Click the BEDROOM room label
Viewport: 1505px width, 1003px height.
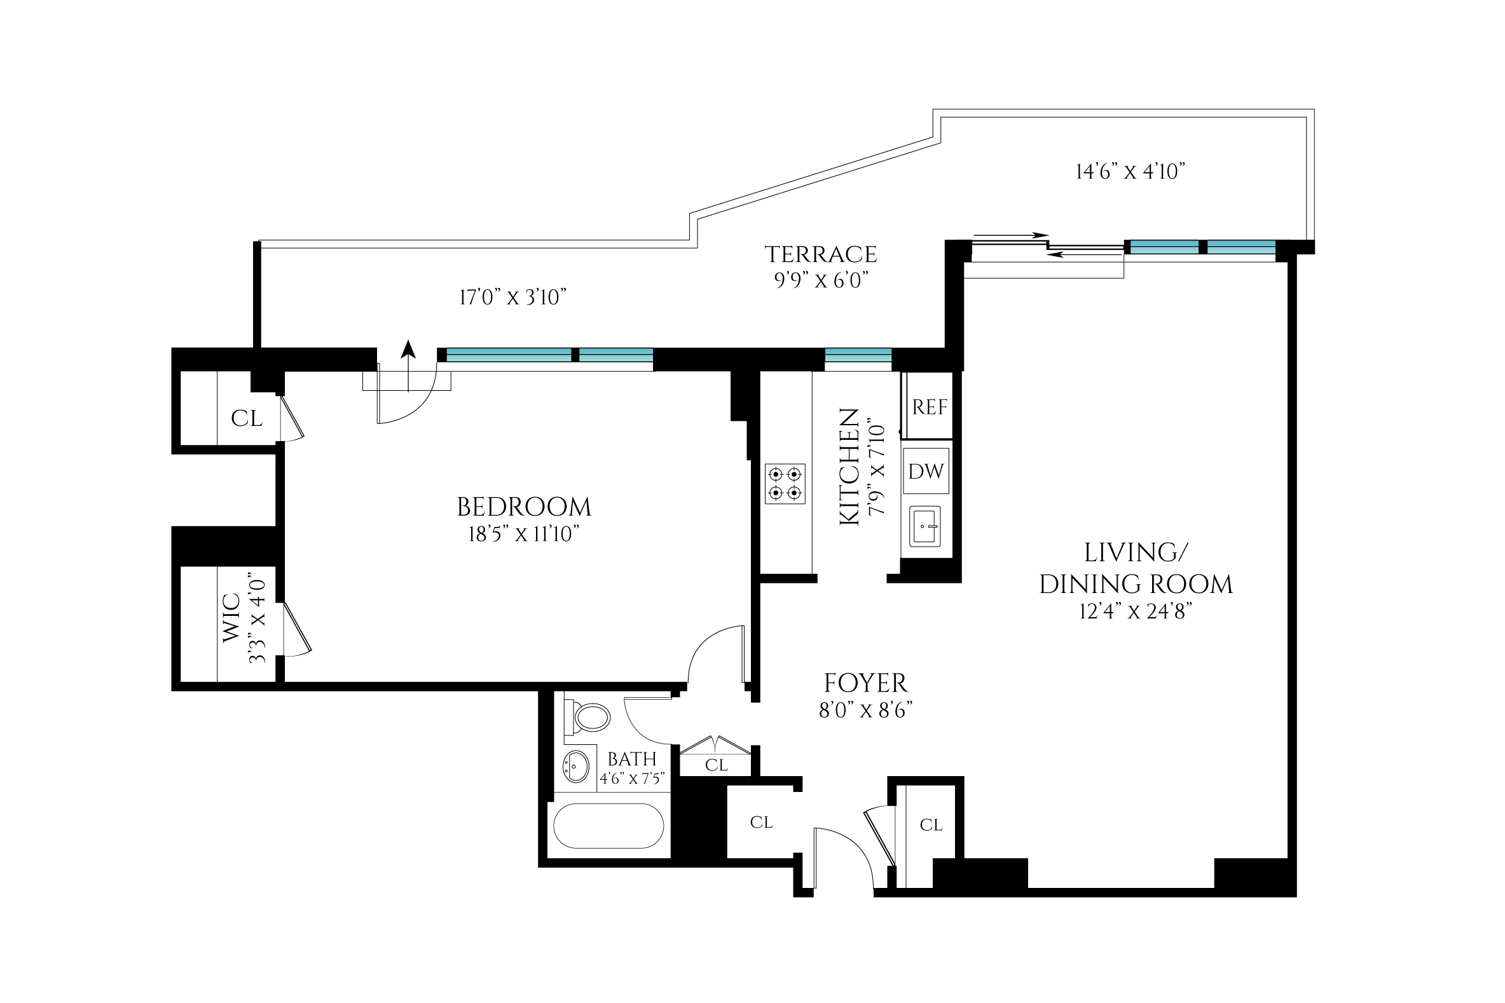tap(523, 507)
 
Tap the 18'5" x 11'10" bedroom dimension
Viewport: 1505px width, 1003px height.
tap(523, 534)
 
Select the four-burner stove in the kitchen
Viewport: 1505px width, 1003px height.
tap(785, 484)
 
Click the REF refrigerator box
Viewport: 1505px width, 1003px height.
tap(929, 407)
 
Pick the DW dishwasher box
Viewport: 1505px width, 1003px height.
tap(926, 472)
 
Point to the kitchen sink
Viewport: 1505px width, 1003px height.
tap(925, 526)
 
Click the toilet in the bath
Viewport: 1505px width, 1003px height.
tap(589, 718)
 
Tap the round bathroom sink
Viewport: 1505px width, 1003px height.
tap(576, 766)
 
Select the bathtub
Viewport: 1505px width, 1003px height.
tap(608, 826)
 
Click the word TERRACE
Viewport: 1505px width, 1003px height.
tap(821, 255)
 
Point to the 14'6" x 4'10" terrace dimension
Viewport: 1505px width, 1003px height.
tap(1130, 172)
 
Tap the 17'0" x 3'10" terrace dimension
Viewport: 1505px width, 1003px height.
tap(512, 297)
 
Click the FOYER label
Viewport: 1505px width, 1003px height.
tap(865, 683)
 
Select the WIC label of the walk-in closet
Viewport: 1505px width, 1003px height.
tap(231, 618)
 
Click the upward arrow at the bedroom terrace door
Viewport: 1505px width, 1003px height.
tap(408, 350)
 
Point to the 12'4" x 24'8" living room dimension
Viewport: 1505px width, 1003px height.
tap(1135, 611)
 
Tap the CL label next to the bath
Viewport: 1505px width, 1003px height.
tap(716, 765)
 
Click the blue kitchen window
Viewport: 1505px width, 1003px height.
tap(858, 355)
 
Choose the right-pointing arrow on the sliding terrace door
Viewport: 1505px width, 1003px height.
tap(1011, 235)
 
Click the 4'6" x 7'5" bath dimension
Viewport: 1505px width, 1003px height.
tap(631, 779)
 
